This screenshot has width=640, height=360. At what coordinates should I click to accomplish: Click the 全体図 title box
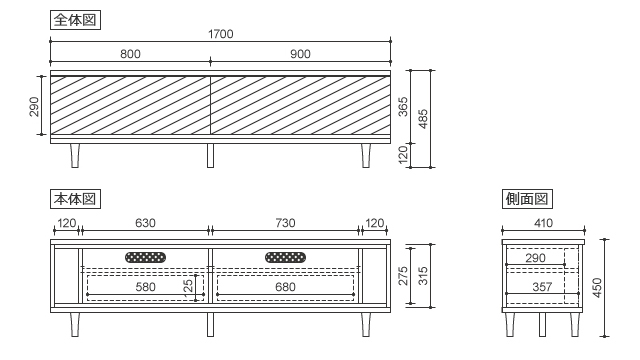[75, 20]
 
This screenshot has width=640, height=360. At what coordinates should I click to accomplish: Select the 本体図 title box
[75, 199]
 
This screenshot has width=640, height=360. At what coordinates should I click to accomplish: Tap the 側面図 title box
[527, 199]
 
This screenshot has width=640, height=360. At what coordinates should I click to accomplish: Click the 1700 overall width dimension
[221, 34]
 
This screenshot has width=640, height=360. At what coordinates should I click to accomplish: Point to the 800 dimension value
[130, 54]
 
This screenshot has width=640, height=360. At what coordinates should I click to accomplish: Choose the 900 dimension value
[300, 54]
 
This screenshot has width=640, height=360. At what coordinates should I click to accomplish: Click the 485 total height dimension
[423, 119]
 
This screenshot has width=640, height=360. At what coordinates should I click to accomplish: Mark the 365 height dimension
[403, 107]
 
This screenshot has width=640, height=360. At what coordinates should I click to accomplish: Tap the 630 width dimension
[145, 223]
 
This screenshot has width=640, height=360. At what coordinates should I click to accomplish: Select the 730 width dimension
[285, 223]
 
